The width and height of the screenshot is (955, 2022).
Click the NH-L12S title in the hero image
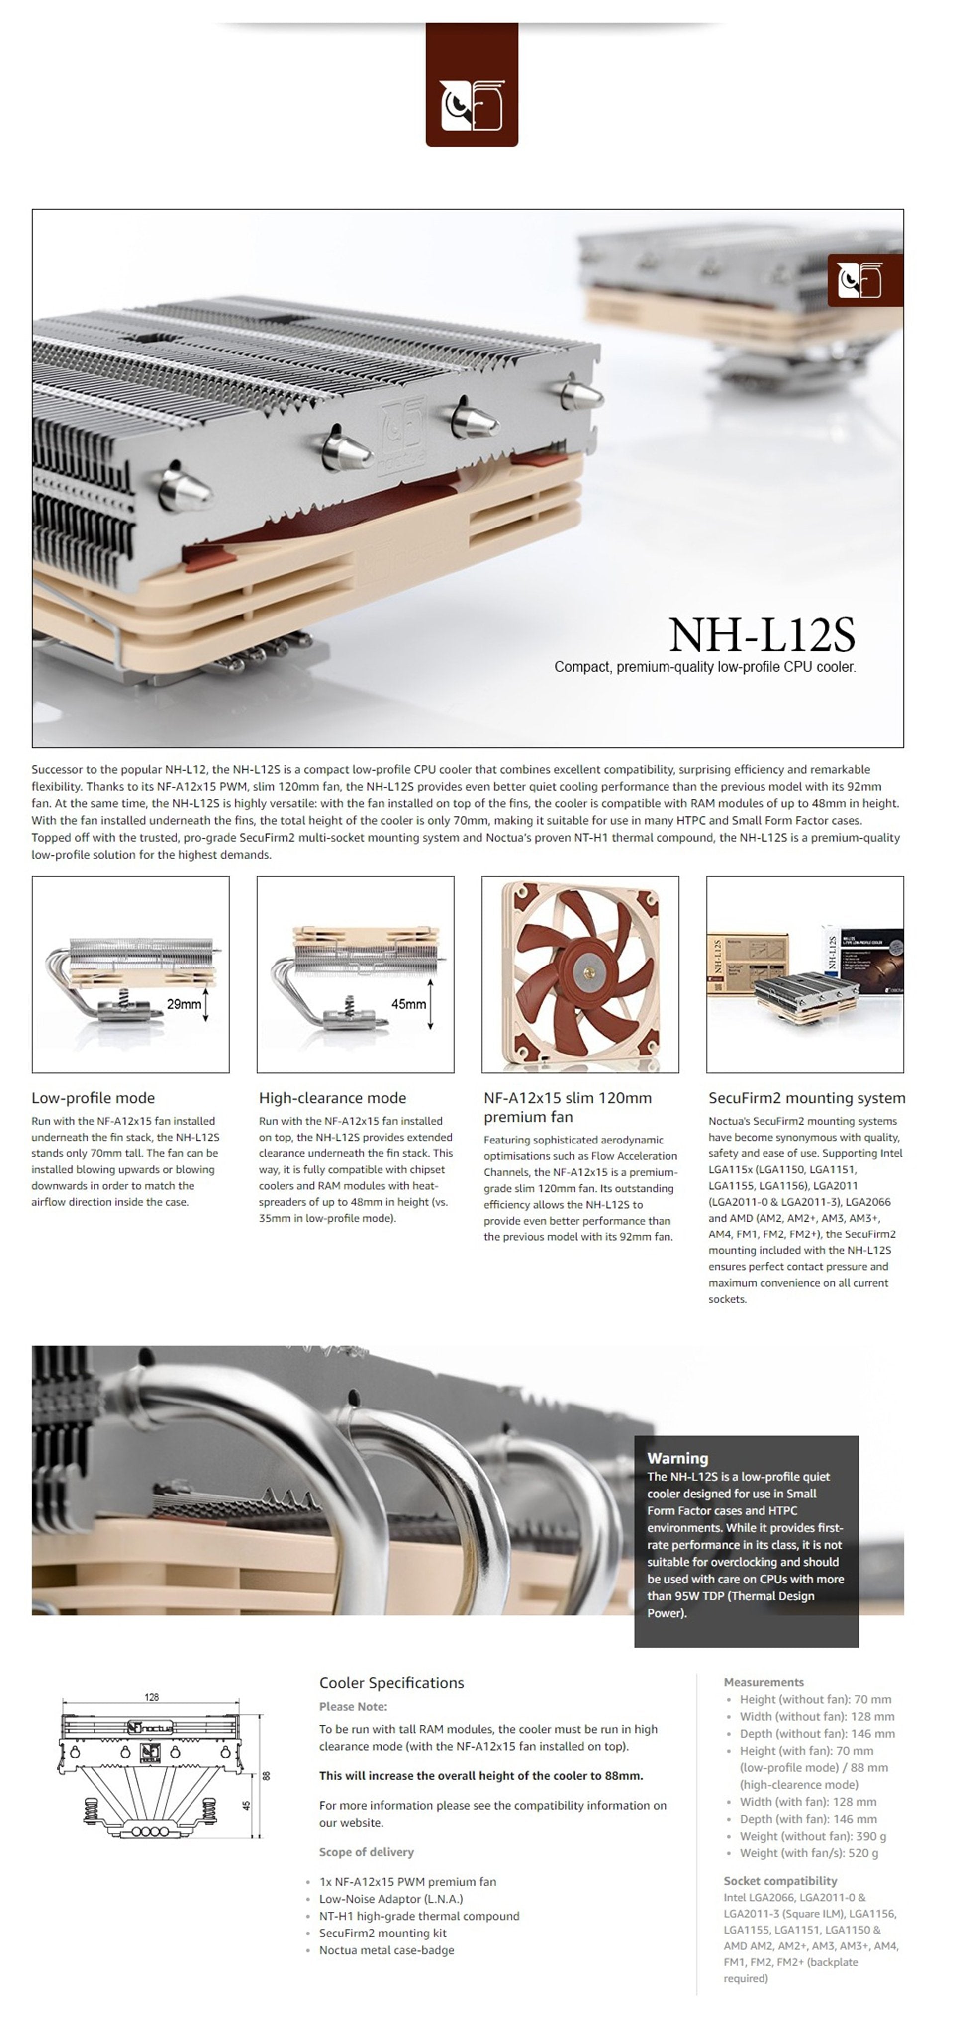pos(761,634)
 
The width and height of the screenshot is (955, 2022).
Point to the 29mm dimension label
pos(184,1004)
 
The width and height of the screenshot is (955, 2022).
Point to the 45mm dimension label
pos(408,1004)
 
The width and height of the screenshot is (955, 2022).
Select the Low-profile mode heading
pos(93,1097)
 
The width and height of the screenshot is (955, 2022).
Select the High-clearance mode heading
pos(332,1097)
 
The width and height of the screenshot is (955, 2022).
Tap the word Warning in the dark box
pos(677,1458)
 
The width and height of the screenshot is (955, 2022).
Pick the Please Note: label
pos(353,1706)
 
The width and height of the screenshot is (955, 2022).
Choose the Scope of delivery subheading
pos(366,1851)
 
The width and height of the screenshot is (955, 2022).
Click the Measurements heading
pos(764,1682)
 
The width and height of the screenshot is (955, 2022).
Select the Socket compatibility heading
pos(780,1881)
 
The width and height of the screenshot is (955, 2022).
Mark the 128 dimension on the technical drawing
pos(152,1697)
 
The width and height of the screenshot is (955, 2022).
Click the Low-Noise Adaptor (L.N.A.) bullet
pos(390,1899)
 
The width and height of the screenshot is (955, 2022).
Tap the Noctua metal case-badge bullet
pos(386,1950)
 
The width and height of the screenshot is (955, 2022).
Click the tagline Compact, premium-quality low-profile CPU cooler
pos(704,666)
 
